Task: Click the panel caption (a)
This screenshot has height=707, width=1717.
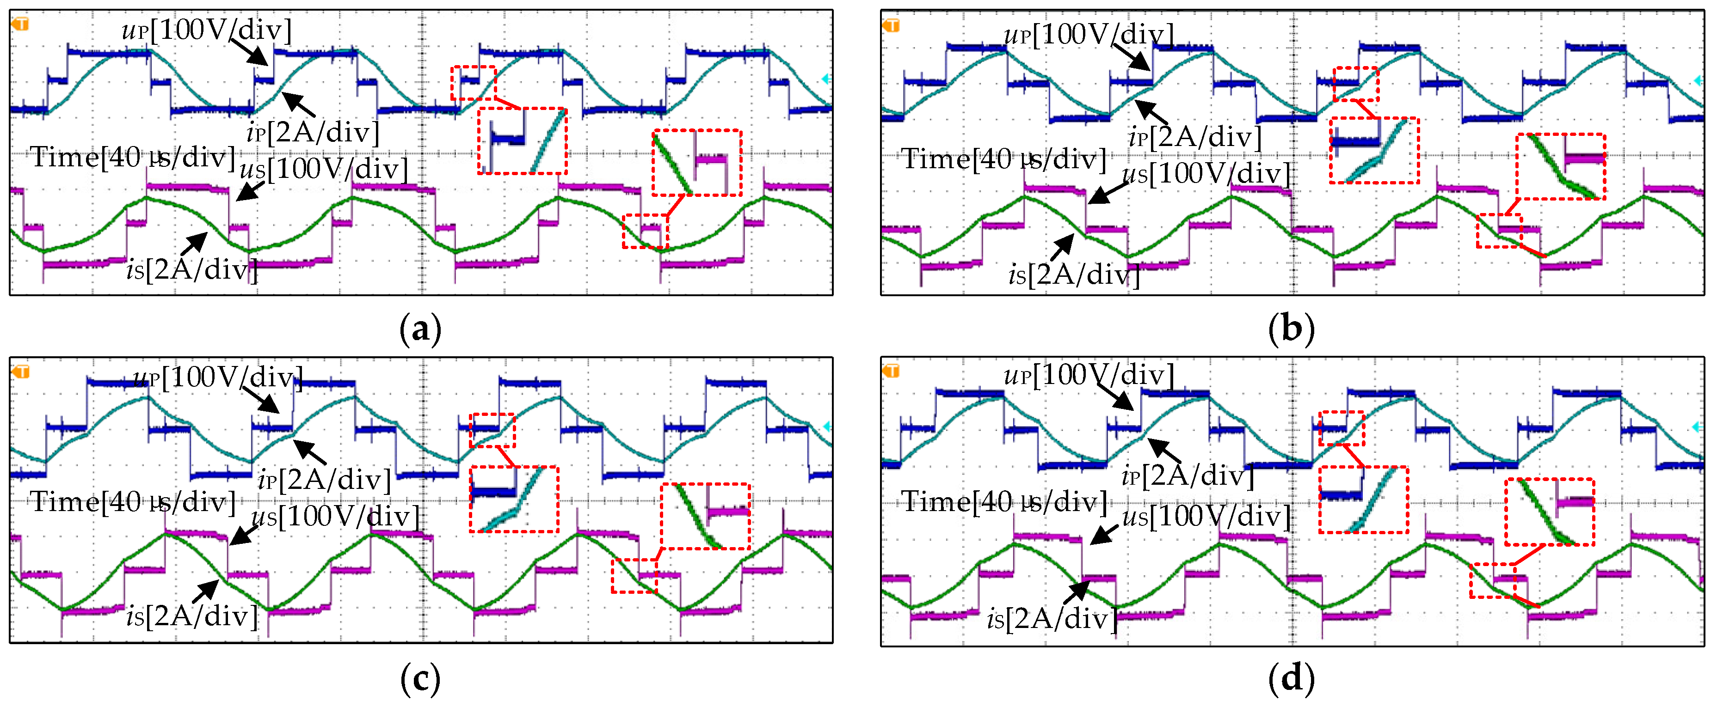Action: pos(421,329)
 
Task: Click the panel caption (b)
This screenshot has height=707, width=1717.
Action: pos(1292,329)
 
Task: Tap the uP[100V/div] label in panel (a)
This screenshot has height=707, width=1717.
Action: pos(207,30)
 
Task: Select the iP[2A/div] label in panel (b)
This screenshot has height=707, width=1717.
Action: pos(1195,137)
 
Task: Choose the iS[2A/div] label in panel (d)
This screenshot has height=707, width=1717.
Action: pos(1052,619)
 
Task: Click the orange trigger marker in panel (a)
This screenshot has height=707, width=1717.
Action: pos(21,24)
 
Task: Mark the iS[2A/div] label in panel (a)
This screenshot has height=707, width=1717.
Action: pos(192,270)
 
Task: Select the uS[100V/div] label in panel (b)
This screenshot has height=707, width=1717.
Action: pos(1206,174)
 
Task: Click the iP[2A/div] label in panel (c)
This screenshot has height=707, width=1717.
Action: pos(325,480)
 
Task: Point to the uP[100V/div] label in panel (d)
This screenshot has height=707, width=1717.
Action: pos(1089,376)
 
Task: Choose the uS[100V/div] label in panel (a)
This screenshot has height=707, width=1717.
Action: pos(324,169)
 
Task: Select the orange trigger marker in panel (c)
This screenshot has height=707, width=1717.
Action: pos(21,371)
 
